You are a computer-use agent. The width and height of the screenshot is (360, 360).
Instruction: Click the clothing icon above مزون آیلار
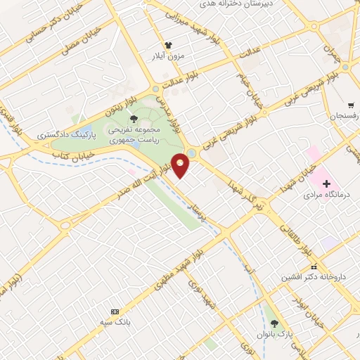(168, 44)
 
